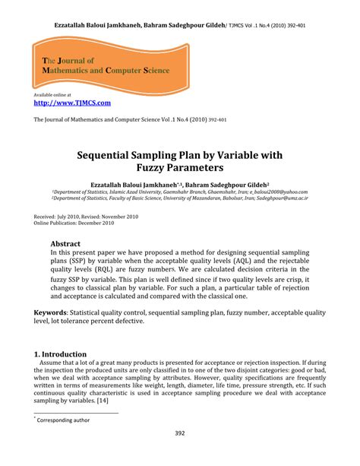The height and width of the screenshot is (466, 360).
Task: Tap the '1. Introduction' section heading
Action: (x=61, y=354)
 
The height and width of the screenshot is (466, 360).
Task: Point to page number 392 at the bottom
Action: (x=180, y=434)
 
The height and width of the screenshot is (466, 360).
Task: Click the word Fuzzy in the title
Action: (x=156, y=169)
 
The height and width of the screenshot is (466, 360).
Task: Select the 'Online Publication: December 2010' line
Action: (x=74, y=223)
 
